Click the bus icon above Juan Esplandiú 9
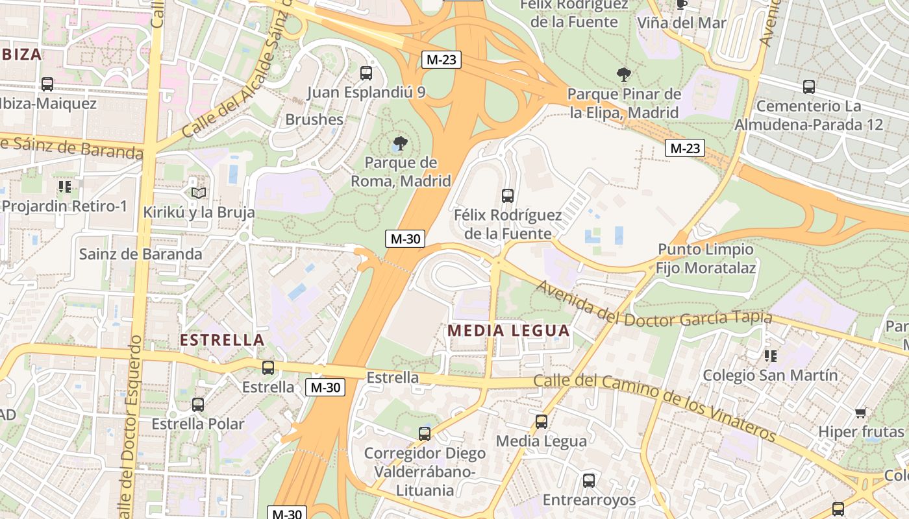click(x=366, y=73)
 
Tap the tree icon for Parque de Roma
click(x=401, y=143)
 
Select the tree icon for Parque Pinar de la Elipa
click(x=624, y=74)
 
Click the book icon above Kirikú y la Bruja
click(x=199, y=193)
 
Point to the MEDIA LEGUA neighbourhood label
click(x=508, y=330)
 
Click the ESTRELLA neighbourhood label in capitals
click(x=222, y=340)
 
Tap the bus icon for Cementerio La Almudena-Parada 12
click(x=809, y=86)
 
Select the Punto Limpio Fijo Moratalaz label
click(x=705, y=258)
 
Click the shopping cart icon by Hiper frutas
click(x=861, y=413)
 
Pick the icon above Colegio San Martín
click(x=771, y=356)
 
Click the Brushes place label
click(x=314, y=119)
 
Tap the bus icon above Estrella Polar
click(x=198, y=405)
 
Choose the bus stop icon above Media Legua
click(x=542, y=422)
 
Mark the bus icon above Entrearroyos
click(x=589, y=481)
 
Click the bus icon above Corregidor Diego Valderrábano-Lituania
click(x=425, y=433)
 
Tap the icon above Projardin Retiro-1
click(x=64, y=187)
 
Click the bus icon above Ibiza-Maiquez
click(x=47, y=84)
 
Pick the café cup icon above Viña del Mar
click(x=681, y=5)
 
